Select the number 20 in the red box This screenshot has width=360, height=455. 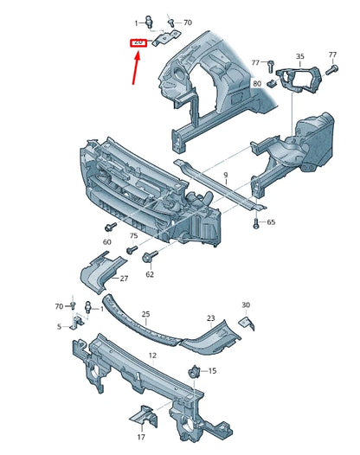[138, 42]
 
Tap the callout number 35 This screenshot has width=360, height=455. [299, 56]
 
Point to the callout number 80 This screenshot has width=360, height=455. [257, 83]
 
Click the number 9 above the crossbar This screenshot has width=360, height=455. [225, 176]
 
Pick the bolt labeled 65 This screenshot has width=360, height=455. [257, 223]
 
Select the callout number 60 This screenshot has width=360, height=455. [107, 242]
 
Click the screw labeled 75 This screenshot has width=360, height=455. [131, 250]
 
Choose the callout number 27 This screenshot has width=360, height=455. [124, 279]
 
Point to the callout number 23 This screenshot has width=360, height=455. [210, 318]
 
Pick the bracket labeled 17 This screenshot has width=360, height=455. [142, 420]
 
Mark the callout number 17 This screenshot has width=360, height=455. [140, 437]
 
